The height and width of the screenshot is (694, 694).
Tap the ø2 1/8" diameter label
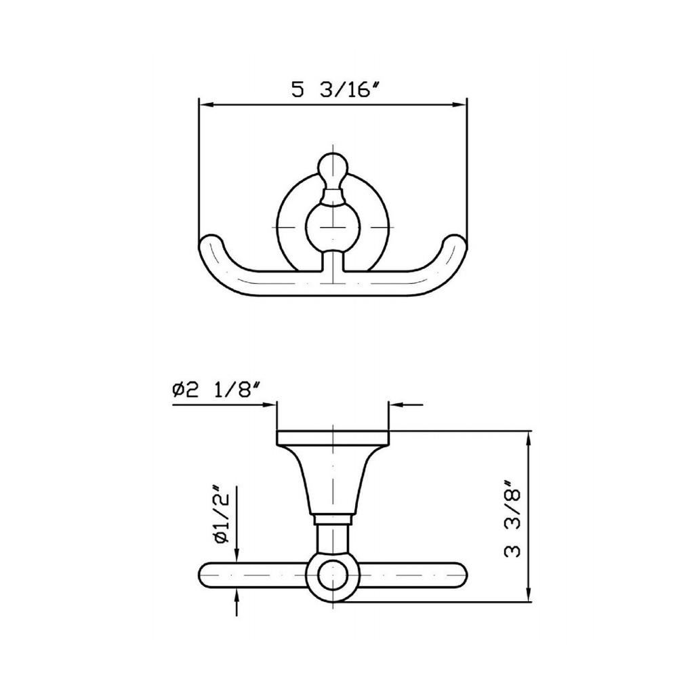pos(216,390)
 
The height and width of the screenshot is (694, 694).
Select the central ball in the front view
pos(332,226)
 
